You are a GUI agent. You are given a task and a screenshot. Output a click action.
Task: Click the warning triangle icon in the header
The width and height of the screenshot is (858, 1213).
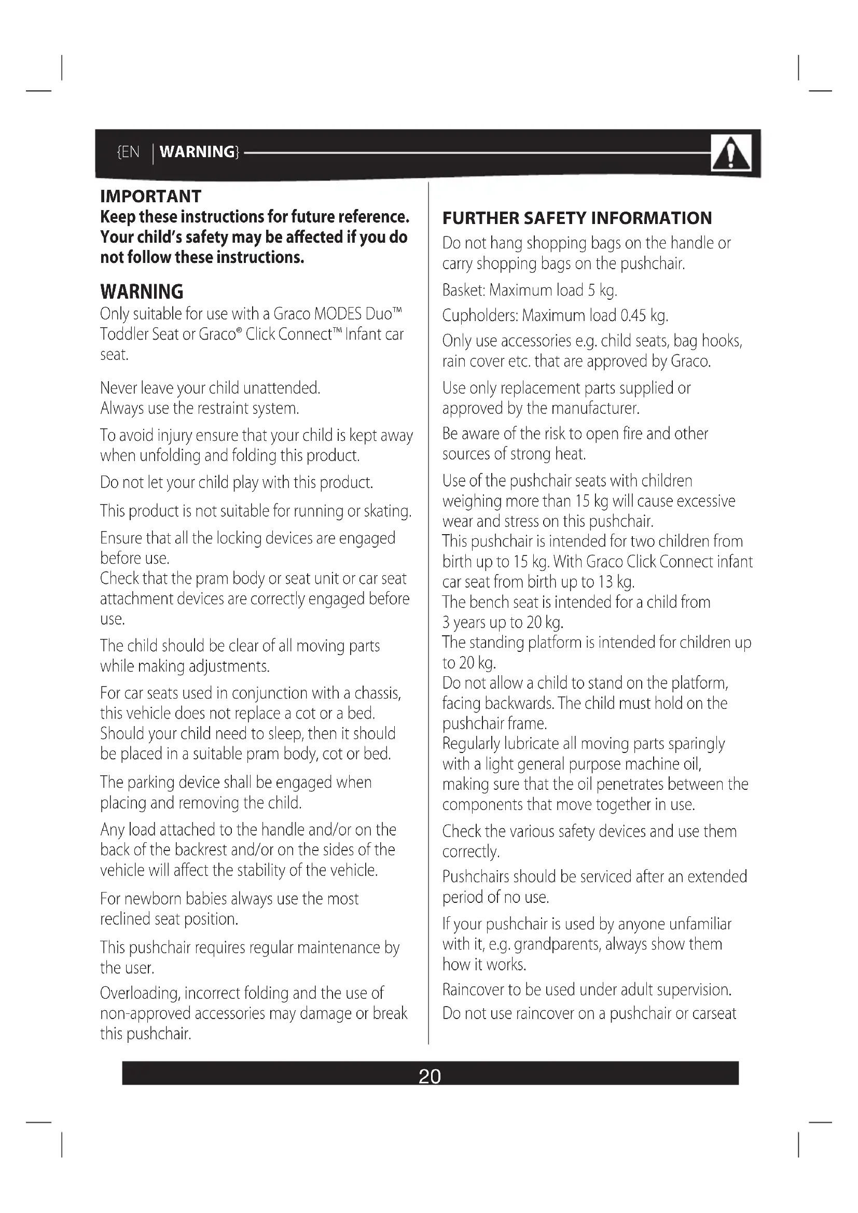click(731, 153)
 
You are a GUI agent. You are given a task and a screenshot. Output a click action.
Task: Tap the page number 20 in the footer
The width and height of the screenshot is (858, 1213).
click(429, 1076)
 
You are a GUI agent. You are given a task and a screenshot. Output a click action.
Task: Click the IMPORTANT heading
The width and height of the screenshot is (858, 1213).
click(150, 197)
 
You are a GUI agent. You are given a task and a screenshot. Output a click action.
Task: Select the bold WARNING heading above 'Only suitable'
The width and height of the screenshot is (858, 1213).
click(142, 291)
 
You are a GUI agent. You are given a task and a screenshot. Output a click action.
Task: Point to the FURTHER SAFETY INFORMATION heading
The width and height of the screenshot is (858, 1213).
click(577, 218)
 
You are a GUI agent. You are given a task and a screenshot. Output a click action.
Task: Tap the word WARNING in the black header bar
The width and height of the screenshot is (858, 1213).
click(197, 152)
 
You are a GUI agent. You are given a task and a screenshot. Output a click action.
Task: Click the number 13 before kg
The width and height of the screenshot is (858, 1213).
click(605, 582)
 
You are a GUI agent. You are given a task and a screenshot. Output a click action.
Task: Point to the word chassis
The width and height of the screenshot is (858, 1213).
click(377, 693)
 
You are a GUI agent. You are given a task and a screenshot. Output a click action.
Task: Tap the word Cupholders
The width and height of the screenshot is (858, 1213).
click(480, 316)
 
